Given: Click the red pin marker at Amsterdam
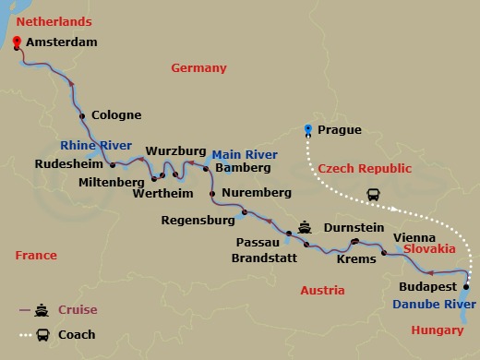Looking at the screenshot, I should coord(16,42).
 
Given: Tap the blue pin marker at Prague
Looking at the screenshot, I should coord(307,129).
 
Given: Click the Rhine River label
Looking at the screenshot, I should coord(96,146).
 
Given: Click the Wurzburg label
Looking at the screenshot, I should coord(174,150).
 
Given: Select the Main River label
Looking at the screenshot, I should coord(246,154).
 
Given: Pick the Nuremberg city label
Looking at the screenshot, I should coord(257,193).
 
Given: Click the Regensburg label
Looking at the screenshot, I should coord(198,221).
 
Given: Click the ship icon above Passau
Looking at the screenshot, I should coord(306,226).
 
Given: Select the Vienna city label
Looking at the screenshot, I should coord(413,237).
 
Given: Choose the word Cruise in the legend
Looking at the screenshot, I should coord(77,310).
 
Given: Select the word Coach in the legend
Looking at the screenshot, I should coord(77,334).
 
